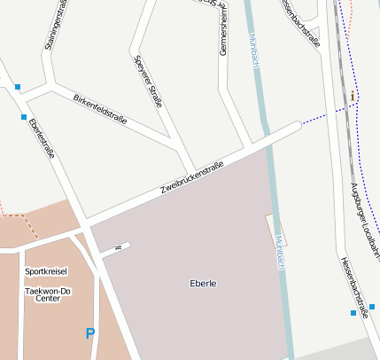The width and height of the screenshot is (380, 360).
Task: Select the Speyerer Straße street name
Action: pyautogui.click(x=147, y=82)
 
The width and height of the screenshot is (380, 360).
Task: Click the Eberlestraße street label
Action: pyautogui.click(x=42, y=138)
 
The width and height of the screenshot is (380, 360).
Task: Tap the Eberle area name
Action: pyautogui.click(x=203, y=284)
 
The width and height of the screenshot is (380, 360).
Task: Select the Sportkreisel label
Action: pyautogui.click(x=46, y=271)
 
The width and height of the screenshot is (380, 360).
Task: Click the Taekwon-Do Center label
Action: pyautogui.click(x=47, y=293)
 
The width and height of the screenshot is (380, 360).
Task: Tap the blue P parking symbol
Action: pyautogui.click(x=89, y=333)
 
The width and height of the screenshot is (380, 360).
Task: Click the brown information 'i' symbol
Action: pyautogui.click(x=353, y=96)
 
